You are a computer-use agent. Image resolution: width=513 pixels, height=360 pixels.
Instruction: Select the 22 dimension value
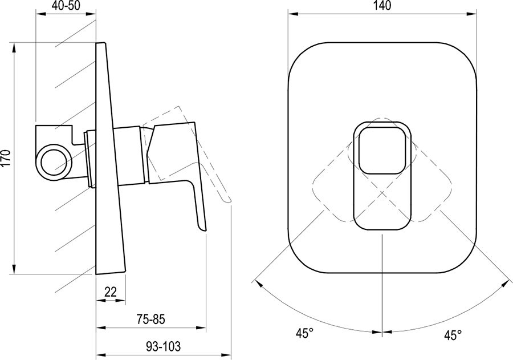coord(111,292)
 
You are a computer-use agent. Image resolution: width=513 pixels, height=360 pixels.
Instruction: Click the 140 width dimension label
coord(383,7)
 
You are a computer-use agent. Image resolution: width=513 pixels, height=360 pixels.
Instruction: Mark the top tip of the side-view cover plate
coord(101,44)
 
